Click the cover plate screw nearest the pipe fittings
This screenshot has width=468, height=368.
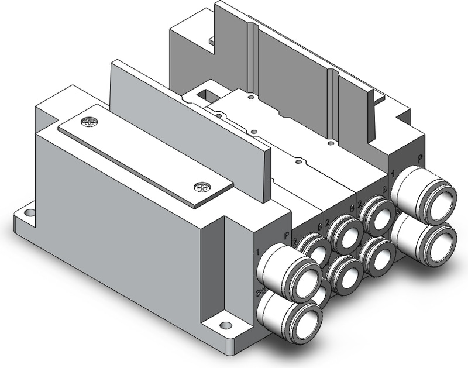click(x=201, y=187)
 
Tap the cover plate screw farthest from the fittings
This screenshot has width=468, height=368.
click(x=90, y=122)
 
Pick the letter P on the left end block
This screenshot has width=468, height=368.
click(x=287, y=235)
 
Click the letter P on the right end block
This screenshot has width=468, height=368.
click(x=419, y=158)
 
